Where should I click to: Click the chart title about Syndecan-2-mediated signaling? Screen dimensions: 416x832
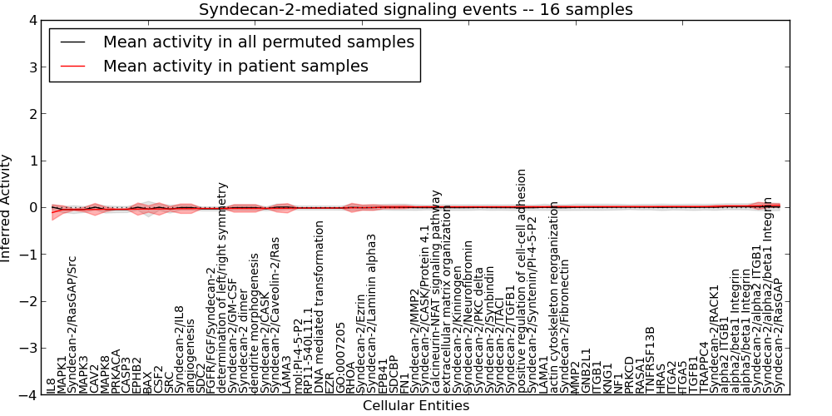(415, 9)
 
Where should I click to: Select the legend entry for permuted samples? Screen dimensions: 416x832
(258, 42)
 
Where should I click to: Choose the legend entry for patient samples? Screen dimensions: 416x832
(235, 66)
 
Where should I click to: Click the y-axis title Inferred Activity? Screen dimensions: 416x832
(7, 208)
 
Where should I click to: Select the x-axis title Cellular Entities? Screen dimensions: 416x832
(415, 406)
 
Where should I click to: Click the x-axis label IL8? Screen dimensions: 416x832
(52, 385)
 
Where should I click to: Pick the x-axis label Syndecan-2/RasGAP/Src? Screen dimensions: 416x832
(72, 324)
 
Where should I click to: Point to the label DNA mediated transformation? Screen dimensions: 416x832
(319, 313)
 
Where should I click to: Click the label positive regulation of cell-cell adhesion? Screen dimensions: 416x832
(522, 281)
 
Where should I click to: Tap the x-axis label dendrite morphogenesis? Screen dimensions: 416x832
(255, 332)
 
